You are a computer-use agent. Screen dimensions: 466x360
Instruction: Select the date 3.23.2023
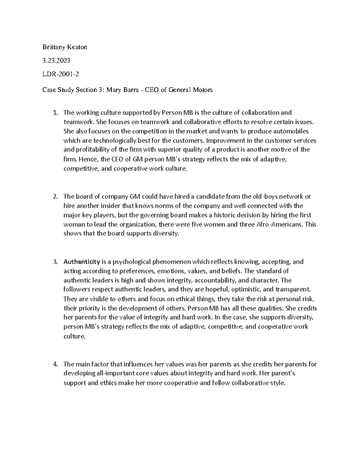56,61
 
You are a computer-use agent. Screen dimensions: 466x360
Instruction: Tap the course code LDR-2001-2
61,74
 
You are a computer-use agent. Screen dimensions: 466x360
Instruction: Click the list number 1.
55,113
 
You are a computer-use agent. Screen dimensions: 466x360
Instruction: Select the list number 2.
55,197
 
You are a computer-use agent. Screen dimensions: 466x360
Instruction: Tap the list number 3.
55,262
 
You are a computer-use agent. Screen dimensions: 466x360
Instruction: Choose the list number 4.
55,364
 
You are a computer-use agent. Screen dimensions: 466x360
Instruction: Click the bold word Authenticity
82,262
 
